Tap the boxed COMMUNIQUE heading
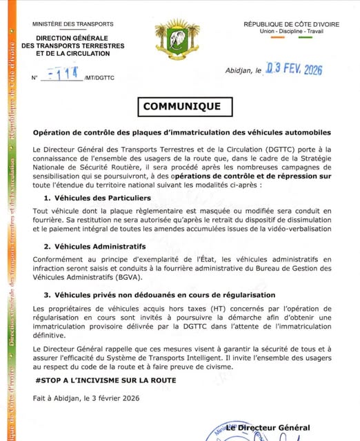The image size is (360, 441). point(182,107)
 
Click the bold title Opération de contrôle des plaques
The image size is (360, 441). point(182,132)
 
